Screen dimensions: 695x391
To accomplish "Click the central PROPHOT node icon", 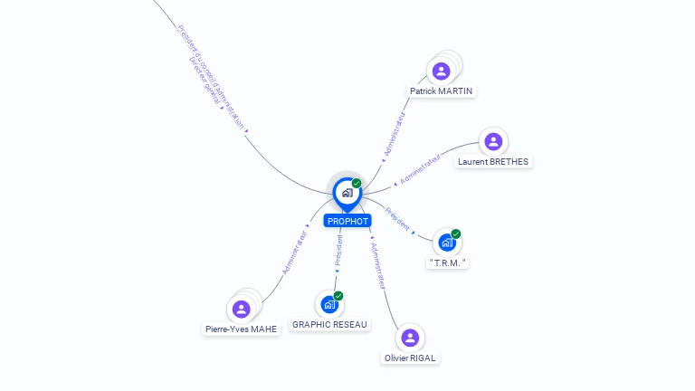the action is pos(347,193).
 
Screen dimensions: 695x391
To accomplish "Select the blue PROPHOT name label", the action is pos(348,221).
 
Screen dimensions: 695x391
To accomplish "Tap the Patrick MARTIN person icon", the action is pos(441,71).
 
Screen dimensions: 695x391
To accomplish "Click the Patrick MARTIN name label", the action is pos(442,91).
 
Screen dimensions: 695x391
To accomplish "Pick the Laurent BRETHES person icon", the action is pos(493,141).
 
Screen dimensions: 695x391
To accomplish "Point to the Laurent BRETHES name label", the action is pos(493,162).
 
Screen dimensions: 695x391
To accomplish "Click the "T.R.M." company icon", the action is pos(447,242).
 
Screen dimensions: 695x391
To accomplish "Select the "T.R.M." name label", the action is pos(448,262).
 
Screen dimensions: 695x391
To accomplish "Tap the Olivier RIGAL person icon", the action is pos(410,338).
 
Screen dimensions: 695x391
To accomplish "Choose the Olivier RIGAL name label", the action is pos(410,358).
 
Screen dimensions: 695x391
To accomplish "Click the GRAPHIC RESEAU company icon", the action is pos(329,304).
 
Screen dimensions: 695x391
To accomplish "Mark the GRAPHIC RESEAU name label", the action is pos(330,324).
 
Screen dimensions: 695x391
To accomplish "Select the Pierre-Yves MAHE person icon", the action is pos(241,310).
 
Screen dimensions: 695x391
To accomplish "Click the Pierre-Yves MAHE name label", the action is pos(242,329).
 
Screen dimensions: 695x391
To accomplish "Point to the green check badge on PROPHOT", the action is pos(357,183).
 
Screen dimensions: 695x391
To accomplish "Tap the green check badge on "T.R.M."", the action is pos(456,234).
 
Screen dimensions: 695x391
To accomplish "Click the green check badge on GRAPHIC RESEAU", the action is pos(338,295).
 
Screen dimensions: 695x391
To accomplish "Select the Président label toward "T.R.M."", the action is pos(398,218).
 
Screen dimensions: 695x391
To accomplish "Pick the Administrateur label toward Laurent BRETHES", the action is pos(420,169).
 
